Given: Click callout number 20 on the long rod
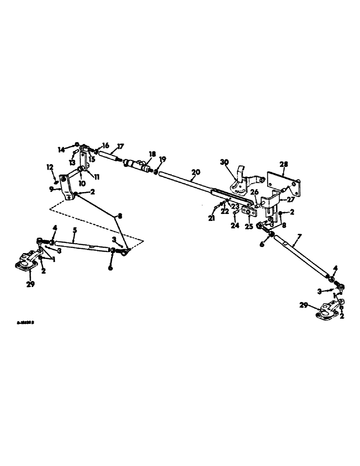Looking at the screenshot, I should pos(196,172).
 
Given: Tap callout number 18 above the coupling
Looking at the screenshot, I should pos(152,154).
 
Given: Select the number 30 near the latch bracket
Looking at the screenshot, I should pos(225,162).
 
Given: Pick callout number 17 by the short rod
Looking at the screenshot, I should pos(120,146).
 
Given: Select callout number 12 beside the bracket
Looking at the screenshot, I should pos(49,166).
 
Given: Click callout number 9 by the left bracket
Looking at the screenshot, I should pos(53,189).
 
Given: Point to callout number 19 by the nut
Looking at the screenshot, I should pos(161,159).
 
